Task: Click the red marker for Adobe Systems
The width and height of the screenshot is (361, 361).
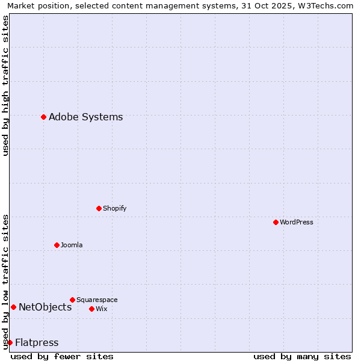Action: [x=43, y=117]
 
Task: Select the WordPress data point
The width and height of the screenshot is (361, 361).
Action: [x=276, y=222]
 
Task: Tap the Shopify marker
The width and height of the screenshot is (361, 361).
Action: [x=99, y=208]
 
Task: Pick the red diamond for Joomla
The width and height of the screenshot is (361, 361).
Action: [x=57, y=245]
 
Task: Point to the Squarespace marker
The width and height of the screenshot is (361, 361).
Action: [x=72, y=300]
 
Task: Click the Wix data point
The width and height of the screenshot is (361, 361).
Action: [x=91, y=309]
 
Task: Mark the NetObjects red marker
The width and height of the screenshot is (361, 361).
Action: [x=13, y=307]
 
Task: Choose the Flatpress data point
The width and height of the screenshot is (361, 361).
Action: [x=10, y=342]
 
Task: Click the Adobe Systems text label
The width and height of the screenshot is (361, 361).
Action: [x=85, y=117]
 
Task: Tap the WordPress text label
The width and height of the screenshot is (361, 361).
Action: [x=297, y=223]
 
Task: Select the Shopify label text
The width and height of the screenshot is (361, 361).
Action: [x=114, y=209]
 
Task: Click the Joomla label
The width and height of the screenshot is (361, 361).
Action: [x=72, y=245]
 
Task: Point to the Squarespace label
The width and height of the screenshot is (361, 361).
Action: [x=97, y=300]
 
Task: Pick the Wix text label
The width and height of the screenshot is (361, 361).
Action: [x=101, y=309]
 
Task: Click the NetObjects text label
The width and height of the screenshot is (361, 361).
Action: [x=45, y=307]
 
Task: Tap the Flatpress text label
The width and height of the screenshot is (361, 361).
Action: [x=37, y=343]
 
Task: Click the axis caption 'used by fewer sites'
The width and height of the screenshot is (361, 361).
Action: [x=62, y=356]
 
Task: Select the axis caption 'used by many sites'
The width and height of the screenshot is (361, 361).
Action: [x=302, y=356]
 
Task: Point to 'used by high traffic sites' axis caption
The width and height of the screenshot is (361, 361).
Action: [x=5, y=85]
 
